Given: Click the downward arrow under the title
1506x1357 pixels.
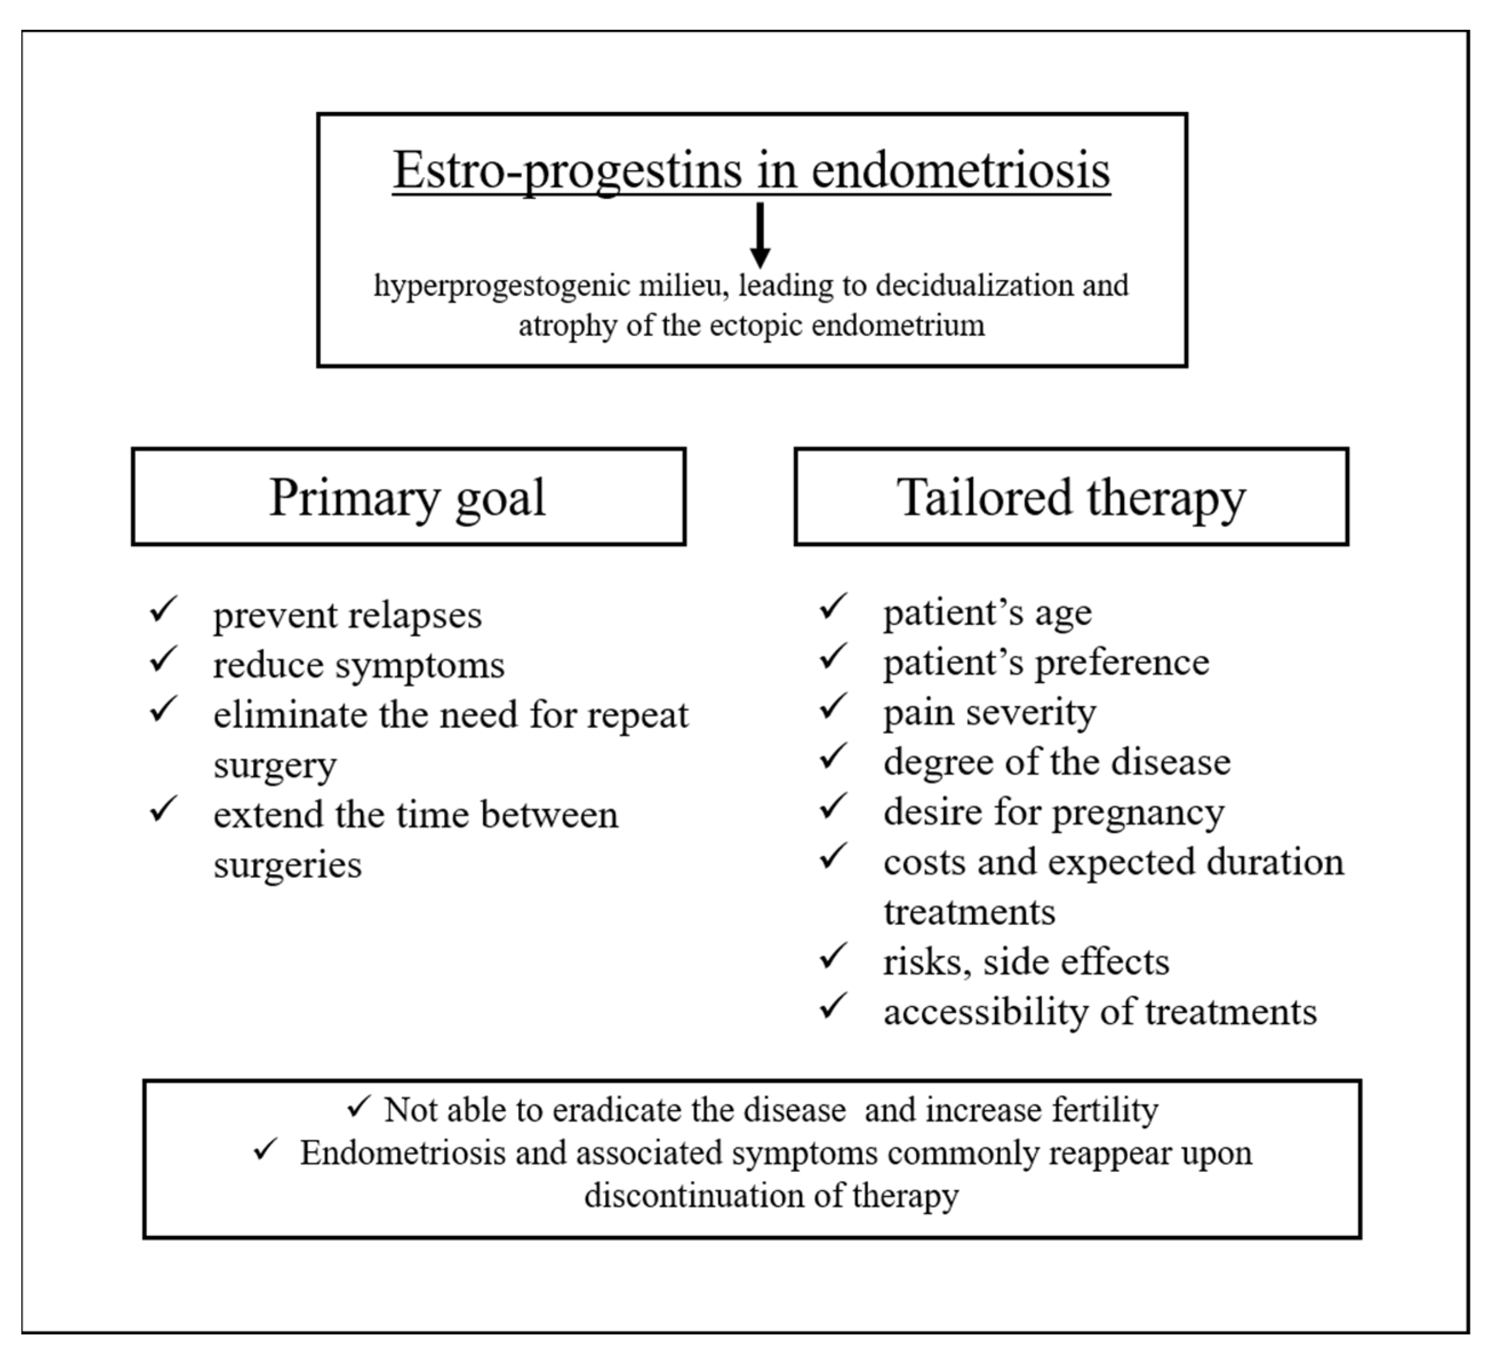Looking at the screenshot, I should [x=759, y=234].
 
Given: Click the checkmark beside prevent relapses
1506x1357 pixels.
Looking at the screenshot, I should [x=162, y=609].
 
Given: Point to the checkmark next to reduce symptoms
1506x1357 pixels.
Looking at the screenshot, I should [x=162, y=659].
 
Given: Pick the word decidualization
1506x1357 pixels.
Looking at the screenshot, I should [x=975, y=286].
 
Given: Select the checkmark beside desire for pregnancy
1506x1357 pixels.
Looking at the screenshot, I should [x=832, y=806].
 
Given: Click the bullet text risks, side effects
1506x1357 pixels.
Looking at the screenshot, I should [x=1026, y=962].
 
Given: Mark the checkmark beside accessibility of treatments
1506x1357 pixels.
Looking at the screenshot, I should [x=832, y=1006].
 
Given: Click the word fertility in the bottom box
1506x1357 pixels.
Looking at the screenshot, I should [x=1105, y=1109].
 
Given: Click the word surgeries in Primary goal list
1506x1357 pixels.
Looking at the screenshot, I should [x=287, y=865].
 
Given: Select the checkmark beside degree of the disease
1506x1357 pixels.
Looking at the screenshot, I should [x=832, y=756].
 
